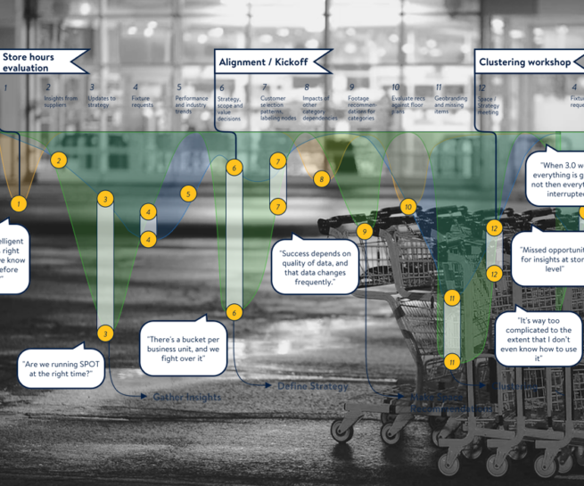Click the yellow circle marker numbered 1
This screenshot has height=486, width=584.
tap(19, 204)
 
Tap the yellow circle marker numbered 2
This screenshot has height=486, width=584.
tap(59, 161)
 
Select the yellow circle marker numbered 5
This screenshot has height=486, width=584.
tap(187, 194)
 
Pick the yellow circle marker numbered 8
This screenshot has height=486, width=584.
tap(321, 179)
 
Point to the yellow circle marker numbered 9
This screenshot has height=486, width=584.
tap(364, 231)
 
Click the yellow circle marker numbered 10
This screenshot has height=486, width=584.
tap(408, 207)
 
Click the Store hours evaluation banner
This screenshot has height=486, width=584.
tap(40, 62)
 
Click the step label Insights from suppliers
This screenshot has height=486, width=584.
tap(61, 102)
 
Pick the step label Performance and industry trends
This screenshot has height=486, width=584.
tap(192, 105)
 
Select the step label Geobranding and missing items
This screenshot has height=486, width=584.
tap(451, 105)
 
